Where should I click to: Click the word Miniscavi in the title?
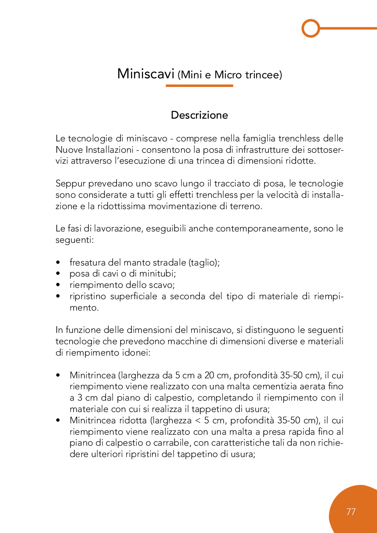click(x=145, y=74)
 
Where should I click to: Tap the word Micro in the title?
click(x=228, y=75)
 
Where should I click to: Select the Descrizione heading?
click(x=199, y=115)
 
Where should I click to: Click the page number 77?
click(x=351, y=512)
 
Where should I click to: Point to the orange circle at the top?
click(x=311, y=28)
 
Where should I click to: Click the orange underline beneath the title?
click(x=199, y=85)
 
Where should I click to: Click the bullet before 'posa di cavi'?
click(x=58, y=274)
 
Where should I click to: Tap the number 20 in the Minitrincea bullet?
click(x=209, y=376)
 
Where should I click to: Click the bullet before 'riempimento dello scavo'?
click(x=58, y=285)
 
